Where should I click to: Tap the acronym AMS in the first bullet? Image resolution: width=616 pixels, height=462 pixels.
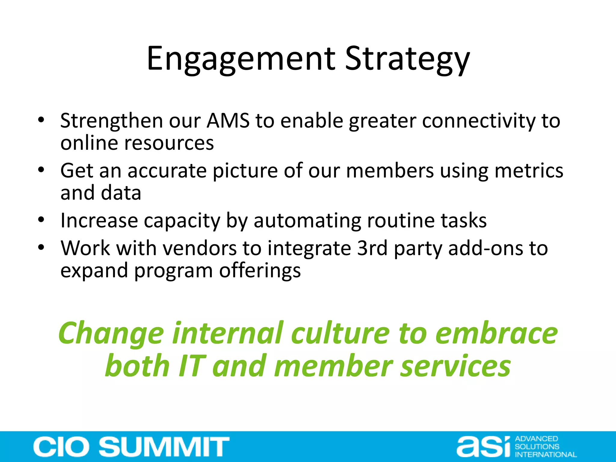tap(228, 121)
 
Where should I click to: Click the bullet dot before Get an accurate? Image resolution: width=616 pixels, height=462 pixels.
tap(41, 170)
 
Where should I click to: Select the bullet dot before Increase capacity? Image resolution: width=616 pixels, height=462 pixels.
tap(41, 220)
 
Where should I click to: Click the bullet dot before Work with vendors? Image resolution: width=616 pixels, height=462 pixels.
tap(41, 248)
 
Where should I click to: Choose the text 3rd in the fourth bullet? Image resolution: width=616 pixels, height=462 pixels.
tap(372, 248)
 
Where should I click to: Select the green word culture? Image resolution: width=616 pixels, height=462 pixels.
tap(340, 333)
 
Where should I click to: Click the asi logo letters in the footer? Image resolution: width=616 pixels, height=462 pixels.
tap(483, 447)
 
